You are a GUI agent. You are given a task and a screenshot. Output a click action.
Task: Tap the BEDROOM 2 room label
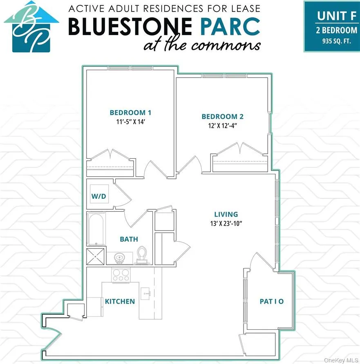pos(222,117)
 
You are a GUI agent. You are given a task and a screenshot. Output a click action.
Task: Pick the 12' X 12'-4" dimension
pos(222,125)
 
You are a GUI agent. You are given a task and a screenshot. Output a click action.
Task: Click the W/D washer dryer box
pos(98,196)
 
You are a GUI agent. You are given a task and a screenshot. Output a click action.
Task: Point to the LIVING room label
pos(226,214)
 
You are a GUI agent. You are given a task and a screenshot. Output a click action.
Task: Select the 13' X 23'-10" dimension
pos(226,223)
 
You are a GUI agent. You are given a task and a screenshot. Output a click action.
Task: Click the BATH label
pos(129,239)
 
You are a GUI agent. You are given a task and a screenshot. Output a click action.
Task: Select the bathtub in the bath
pos(96,229)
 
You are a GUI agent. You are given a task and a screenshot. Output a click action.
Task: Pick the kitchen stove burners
pos(121,275)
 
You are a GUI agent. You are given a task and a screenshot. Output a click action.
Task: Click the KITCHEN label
pos(120,302)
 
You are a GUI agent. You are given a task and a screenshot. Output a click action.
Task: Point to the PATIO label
pos(271,302)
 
